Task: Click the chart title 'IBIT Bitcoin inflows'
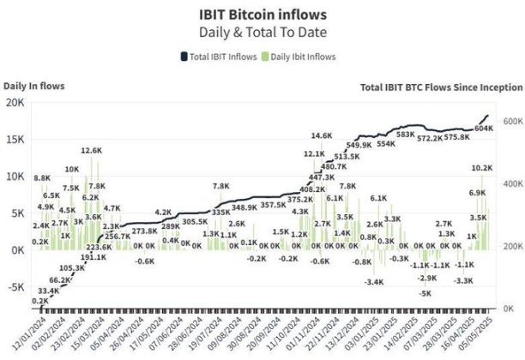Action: click(x=262, y=13)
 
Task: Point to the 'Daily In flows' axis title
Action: click(x=33, y=85)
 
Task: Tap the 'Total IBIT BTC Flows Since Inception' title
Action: click(x=440, y=87)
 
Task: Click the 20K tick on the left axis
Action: click(x=15, y=102)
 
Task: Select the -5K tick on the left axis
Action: click(x=15, y=287)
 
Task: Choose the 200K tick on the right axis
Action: click(x=513, y=247)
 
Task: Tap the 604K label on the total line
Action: click(x=483, y=129)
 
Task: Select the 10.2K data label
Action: click(x=483, y=168)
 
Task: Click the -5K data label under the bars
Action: click(x=425, y=293)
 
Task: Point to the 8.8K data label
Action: click(x=42, y=178)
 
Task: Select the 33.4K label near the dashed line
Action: click(x=49, y=291)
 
